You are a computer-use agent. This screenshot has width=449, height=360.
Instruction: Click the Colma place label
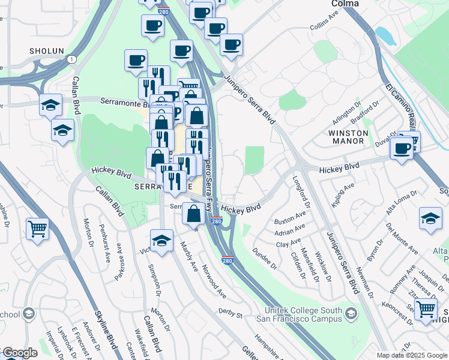point(345,4)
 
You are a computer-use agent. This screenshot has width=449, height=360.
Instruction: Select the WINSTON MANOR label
point(346,136)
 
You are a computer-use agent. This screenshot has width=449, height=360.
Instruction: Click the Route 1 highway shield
point(71,59)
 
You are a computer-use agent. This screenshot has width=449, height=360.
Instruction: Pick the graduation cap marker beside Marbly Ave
point(161,241)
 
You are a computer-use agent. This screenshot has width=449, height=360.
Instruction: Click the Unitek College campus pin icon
point(351,313)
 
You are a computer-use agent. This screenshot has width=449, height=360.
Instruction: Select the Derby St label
point(230,314)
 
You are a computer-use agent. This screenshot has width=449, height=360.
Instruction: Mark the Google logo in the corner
point(20,353)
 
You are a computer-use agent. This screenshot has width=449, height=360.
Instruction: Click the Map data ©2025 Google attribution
point(411,355)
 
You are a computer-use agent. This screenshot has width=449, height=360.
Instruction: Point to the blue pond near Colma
point(385,36)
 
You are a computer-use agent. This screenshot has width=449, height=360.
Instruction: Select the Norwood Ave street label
point(214,282)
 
